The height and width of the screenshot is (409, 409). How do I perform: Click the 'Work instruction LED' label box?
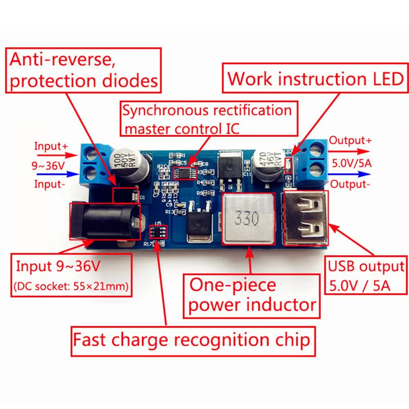coord(315,78)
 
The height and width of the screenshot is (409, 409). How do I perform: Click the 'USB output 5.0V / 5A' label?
coord(366,276)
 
